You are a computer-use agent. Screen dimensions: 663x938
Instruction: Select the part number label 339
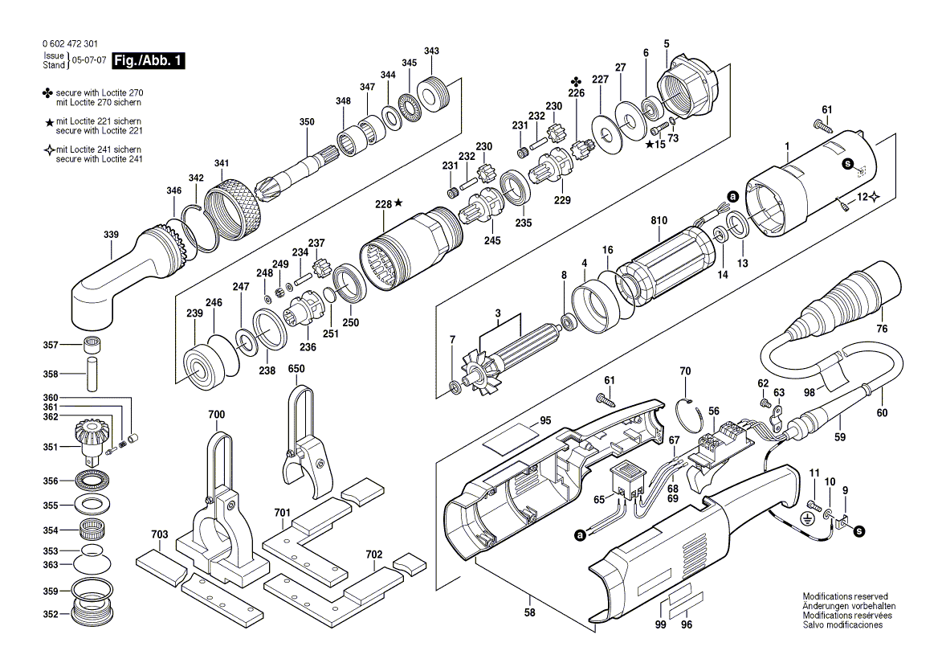[x=111, y=235]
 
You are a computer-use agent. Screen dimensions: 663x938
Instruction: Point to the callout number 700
[x=216, y=415]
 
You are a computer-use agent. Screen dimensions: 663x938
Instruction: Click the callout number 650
[x=296, y=369]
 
